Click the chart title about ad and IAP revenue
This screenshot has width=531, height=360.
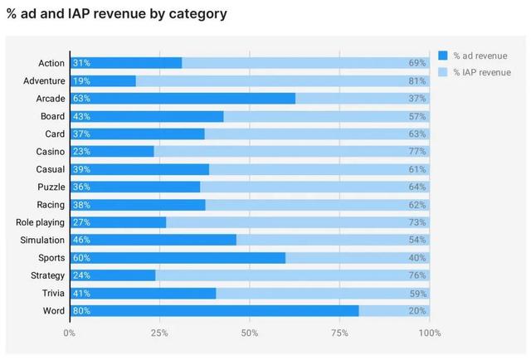(117, 14)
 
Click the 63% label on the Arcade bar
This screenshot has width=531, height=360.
(81, 99)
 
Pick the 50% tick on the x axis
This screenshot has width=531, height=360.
(250, 333)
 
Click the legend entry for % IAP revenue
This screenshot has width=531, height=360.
(478, 73)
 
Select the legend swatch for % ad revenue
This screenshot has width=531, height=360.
(443, 56)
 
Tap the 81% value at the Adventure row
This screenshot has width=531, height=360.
(417, 80)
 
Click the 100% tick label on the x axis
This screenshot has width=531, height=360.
(430, 333)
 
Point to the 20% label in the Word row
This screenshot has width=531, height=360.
(417, 311)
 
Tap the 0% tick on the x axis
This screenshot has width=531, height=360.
(70, 333)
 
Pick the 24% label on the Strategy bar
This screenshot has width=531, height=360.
(81, 275)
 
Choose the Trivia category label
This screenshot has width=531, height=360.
(53, 293)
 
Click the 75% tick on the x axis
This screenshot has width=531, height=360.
(339, 333)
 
